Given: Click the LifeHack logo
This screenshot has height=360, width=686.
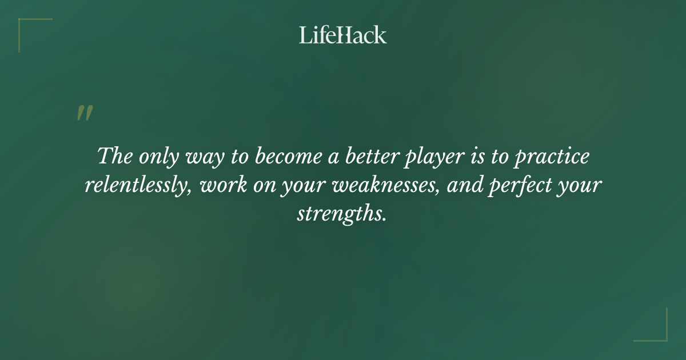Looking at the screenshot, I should tap(343, 35).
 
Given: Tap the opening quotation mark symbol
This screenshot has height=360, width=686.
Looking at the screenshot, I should tap(84, 113).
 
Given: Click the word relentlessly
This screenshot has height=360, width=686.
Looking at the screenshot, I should tap(138, 186).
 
